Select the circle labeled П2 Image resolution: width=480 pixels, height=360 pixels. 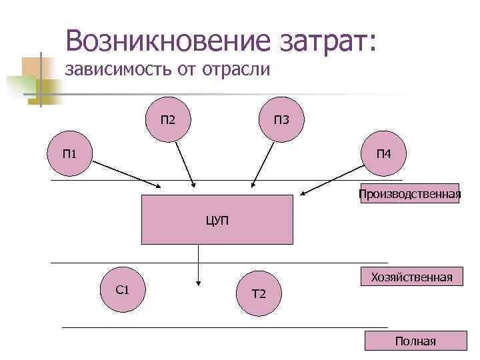(x=167, y=121)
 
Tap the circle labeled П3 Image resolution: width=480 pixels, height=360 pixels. (x=281, y=121)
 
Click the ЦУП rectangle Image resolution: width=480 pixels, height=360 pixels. (x=217, y=219)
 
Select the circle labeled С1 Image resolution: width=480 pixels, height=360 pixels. (x=123, y=290)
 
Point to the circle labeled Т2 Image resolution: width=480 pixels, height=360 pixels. (x=259, y=293)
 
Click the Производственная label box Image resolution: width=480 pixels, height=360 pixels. (x=409, y=194)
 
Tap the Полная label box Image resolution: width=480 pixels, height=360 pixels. (x=415, y=341)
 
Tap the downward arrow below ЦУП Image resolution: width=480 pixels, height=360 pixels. (x=197, y=265)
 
